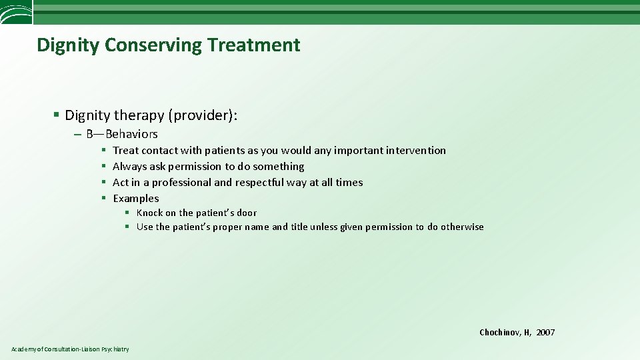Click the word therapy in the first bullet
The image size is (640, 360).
[x=141, y=115]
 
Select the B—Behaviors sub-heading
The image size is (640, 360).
[x=122, y=134]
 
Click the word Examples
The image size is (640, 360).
[x=136, y=199]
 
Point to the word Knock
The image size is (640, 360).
[x=149, y=213]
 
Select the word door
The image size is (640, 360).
[x=245, y=213]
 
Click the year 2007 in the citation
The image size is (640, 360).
[x=545, y=333]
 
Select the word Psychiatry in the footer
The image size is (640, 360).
[x=115, y=349]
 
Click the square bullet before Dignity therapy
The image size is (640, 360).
[x=57, y=116]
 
